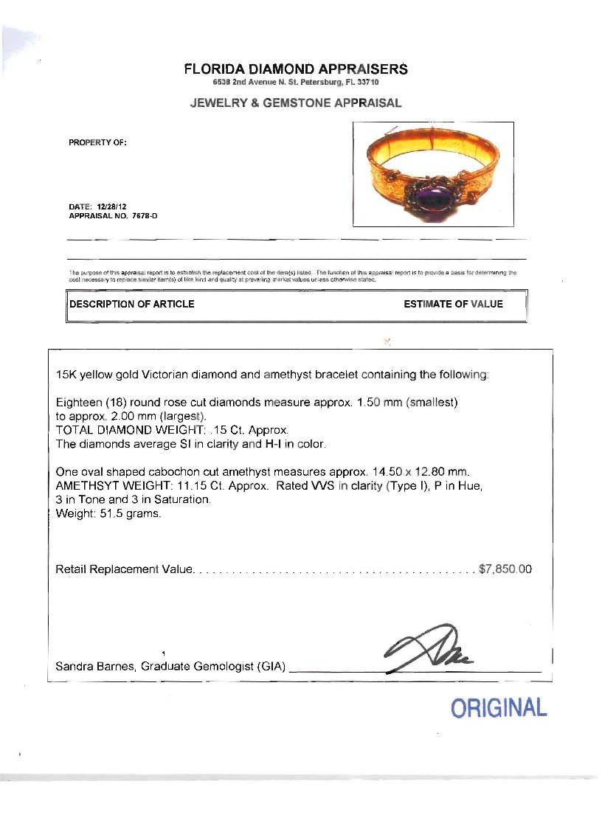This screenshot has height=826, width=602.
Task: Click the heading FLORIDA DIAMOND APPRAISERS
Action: pos(295,69)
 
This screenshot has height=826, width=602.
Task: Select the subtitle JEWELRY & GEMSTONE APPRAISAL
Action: pos(295,103)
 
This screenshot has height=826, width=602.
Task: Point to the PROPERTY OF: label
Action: pos(98,143)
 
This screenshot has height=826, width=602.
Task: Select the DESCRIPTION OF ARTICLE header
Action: pos(132,304)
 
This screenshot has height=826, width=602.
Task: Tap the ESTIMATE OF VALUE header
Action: pos(453,304)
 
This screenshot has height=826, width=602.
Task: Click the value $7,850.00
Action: pos(505,569)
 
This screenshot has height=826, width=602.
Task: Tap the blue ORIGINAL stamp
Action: pos(499,708)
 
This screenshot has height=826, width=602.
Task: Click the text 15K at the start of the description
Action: pos(66,375)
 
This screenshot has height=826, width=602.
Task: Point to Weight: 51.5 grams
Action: pos(108,513)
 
